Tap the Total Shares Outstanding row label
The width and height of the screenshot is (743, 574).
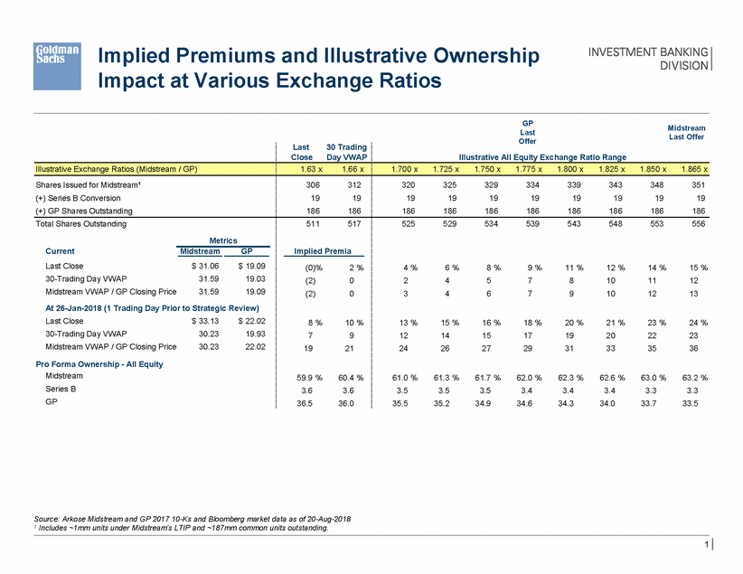pos(80,223)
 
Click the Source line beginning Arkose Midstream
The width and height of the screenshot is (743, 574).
pos(191,518)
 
